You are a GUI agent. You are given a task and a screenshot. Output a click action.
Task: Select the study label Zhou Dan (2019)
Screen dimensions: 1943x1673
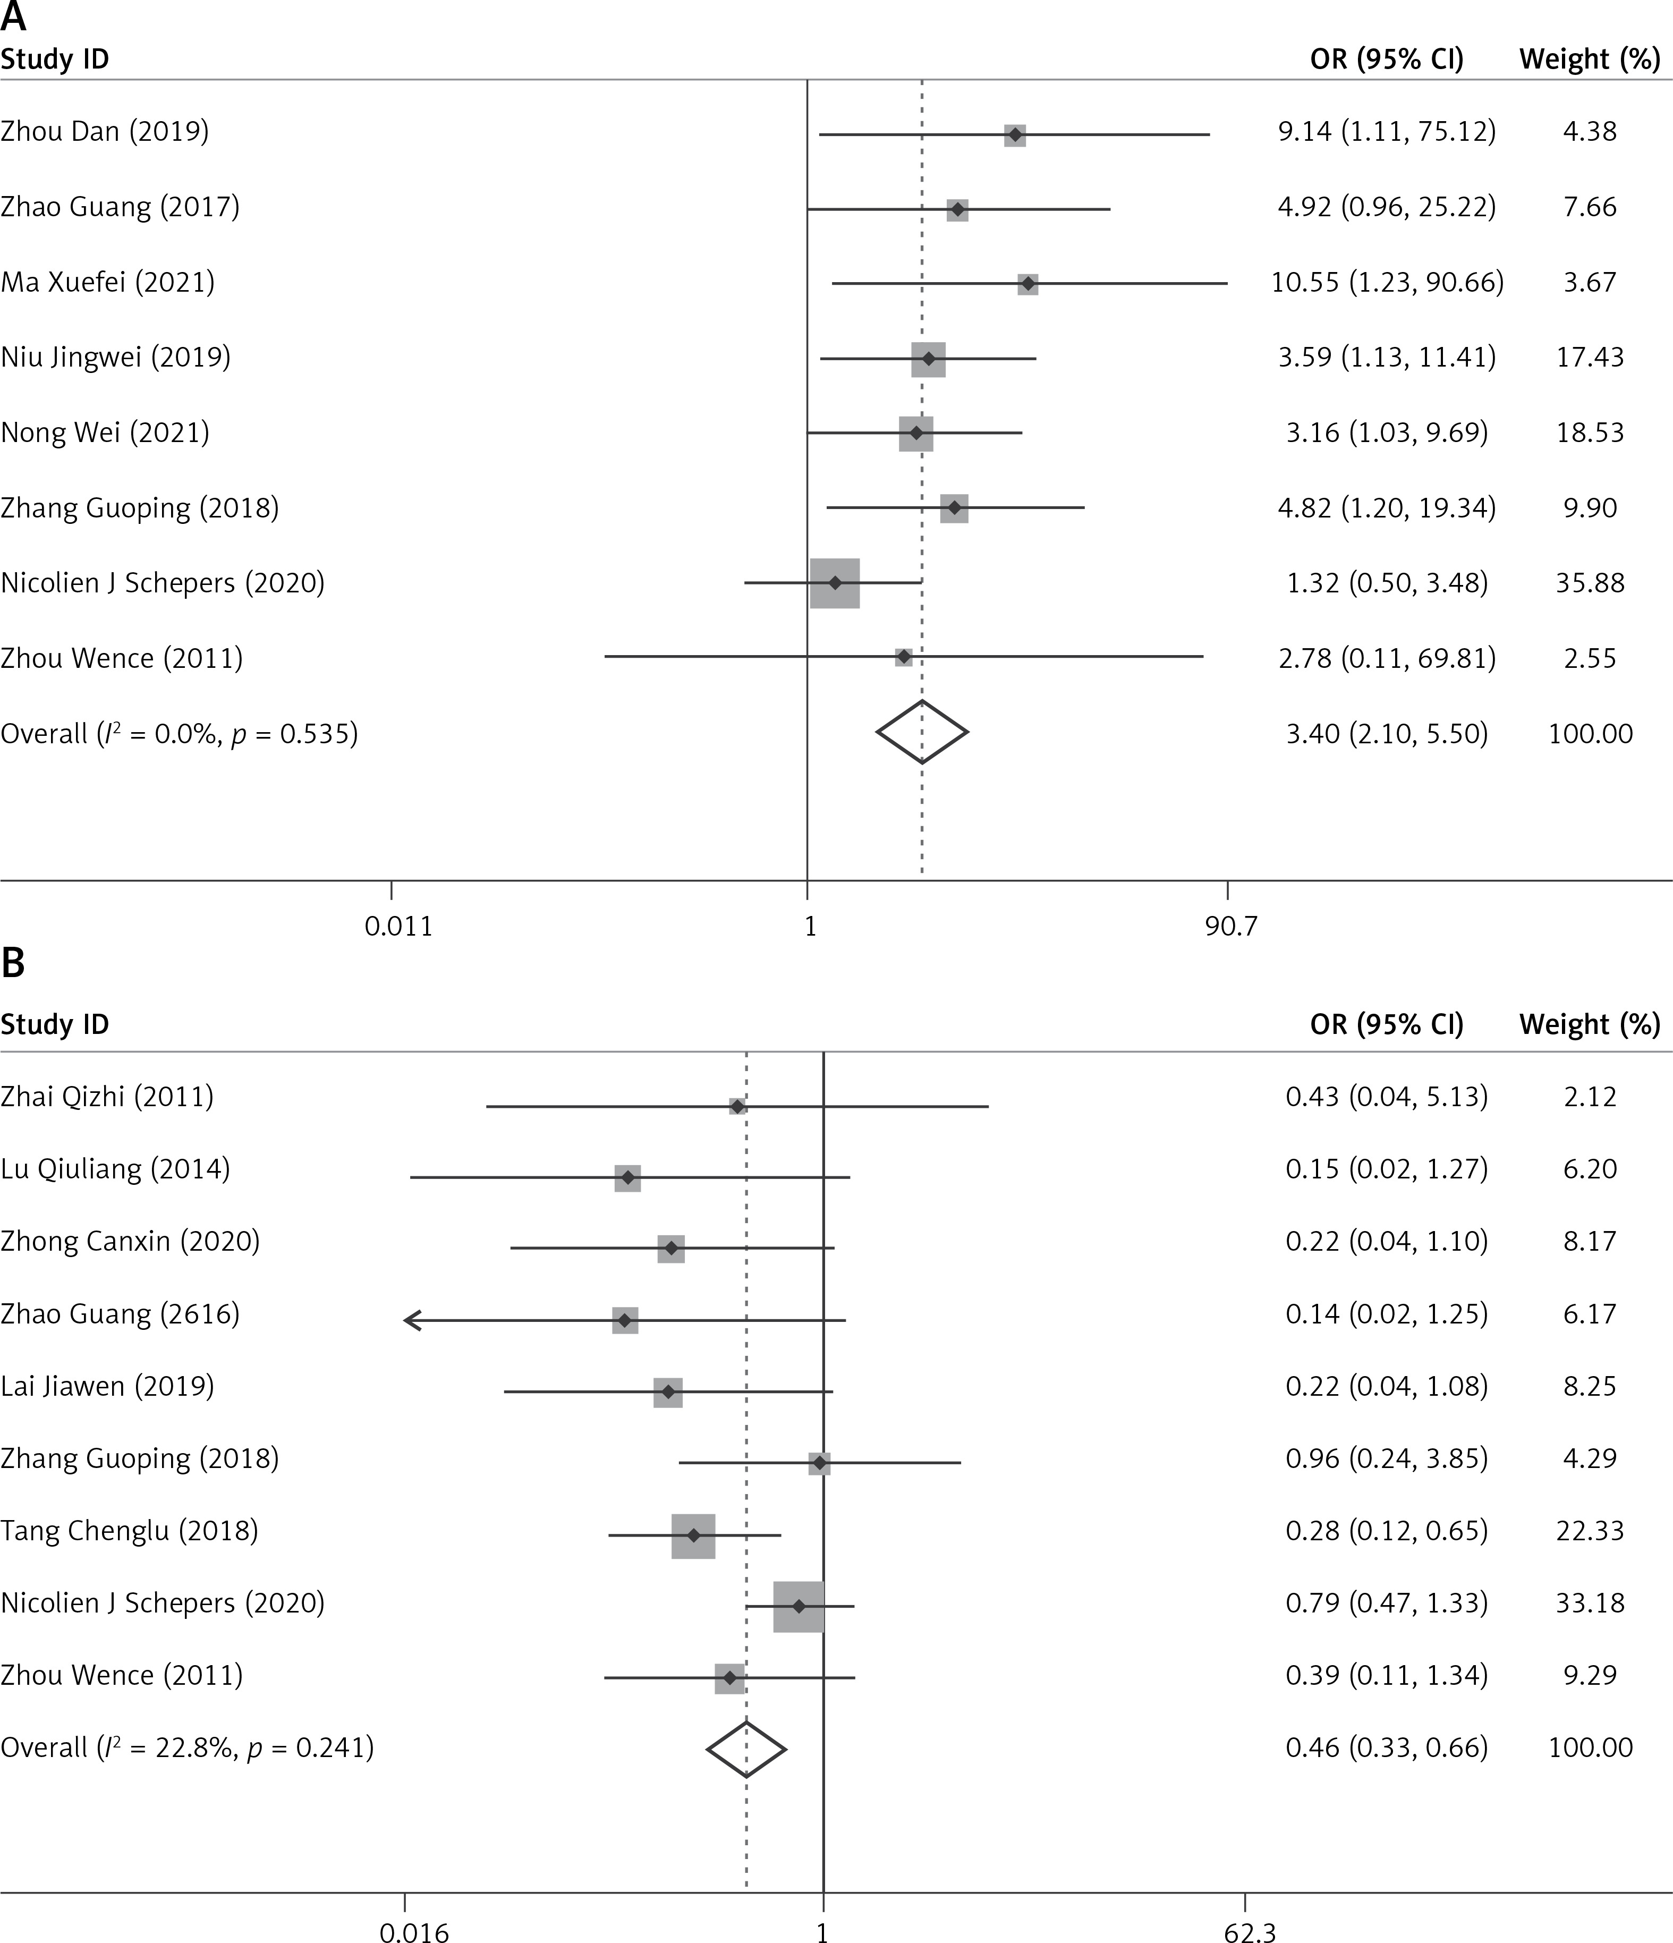coord(105,131)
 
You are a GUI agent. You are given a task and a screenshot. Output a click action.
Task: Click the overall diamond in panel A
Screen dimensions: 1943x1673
coord(922,732)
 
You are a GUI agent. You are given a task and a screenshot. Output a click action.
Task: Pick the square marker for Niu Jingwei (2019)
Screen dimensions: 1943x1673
coord(928,359)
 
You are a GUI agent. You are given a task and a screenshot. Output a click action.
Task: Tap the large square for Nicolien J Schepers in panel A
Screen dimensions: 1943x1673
coord(835,583)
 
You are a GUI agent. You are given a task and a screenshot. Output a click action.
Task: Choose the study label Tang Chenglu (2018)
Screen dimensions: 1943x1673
coord(130,1530)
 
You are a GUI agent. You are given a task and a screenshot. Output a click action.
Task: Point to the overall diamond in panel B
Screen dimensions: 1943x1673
coord(745,1749)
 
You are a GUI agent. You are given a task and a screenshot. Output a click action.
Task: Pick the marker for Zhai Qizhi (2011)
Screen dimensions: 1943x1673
coord(737,1107)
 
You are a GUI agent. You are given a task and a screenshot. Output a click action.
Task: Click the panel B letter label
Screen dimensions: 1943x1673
coord(13,964)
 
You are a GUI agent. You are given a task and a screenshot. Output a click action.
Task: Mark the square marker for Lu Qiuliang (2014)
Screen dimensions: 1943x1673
coord(627,1178)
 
